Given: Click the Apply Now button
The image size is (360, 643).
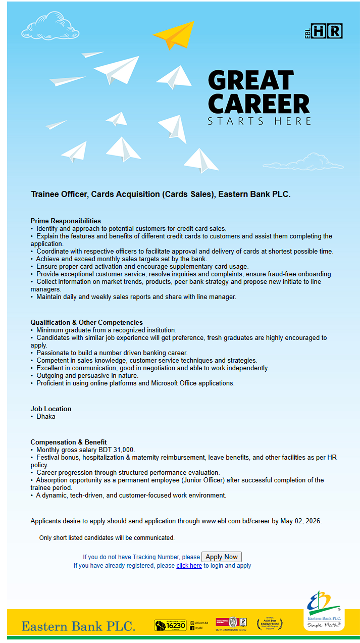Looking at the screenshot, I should [222, 557].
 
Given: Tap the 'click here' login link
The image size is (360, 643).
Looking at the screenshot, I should [189, 566].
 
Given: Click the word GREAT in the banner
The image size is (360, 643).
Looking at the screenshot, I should [251, 81].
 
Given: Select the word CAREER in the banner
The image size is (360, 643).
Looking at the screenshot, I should [259, 104].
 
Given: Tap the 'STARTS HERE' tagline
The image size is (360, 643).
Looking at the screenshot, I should [259, 121].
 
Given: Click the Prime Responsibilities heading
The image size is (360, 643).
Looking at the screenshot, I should [66, 221].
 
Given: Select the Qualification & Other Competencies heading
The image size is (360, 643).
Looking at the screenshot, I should [86, 322].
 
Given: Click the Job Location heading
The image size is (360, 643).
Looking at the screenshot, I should [51, 409].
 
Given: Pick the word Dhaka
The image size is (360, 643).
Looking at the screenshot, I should [46, 417].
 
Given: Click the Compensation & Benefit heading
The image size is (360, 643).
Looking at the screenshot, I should [69, 442].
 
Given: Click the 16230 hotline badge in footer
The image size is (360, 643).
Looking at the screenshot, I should [170, 625].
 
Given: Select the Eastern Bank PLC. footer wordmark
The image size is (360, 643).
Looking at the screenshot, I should [78, 626].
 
